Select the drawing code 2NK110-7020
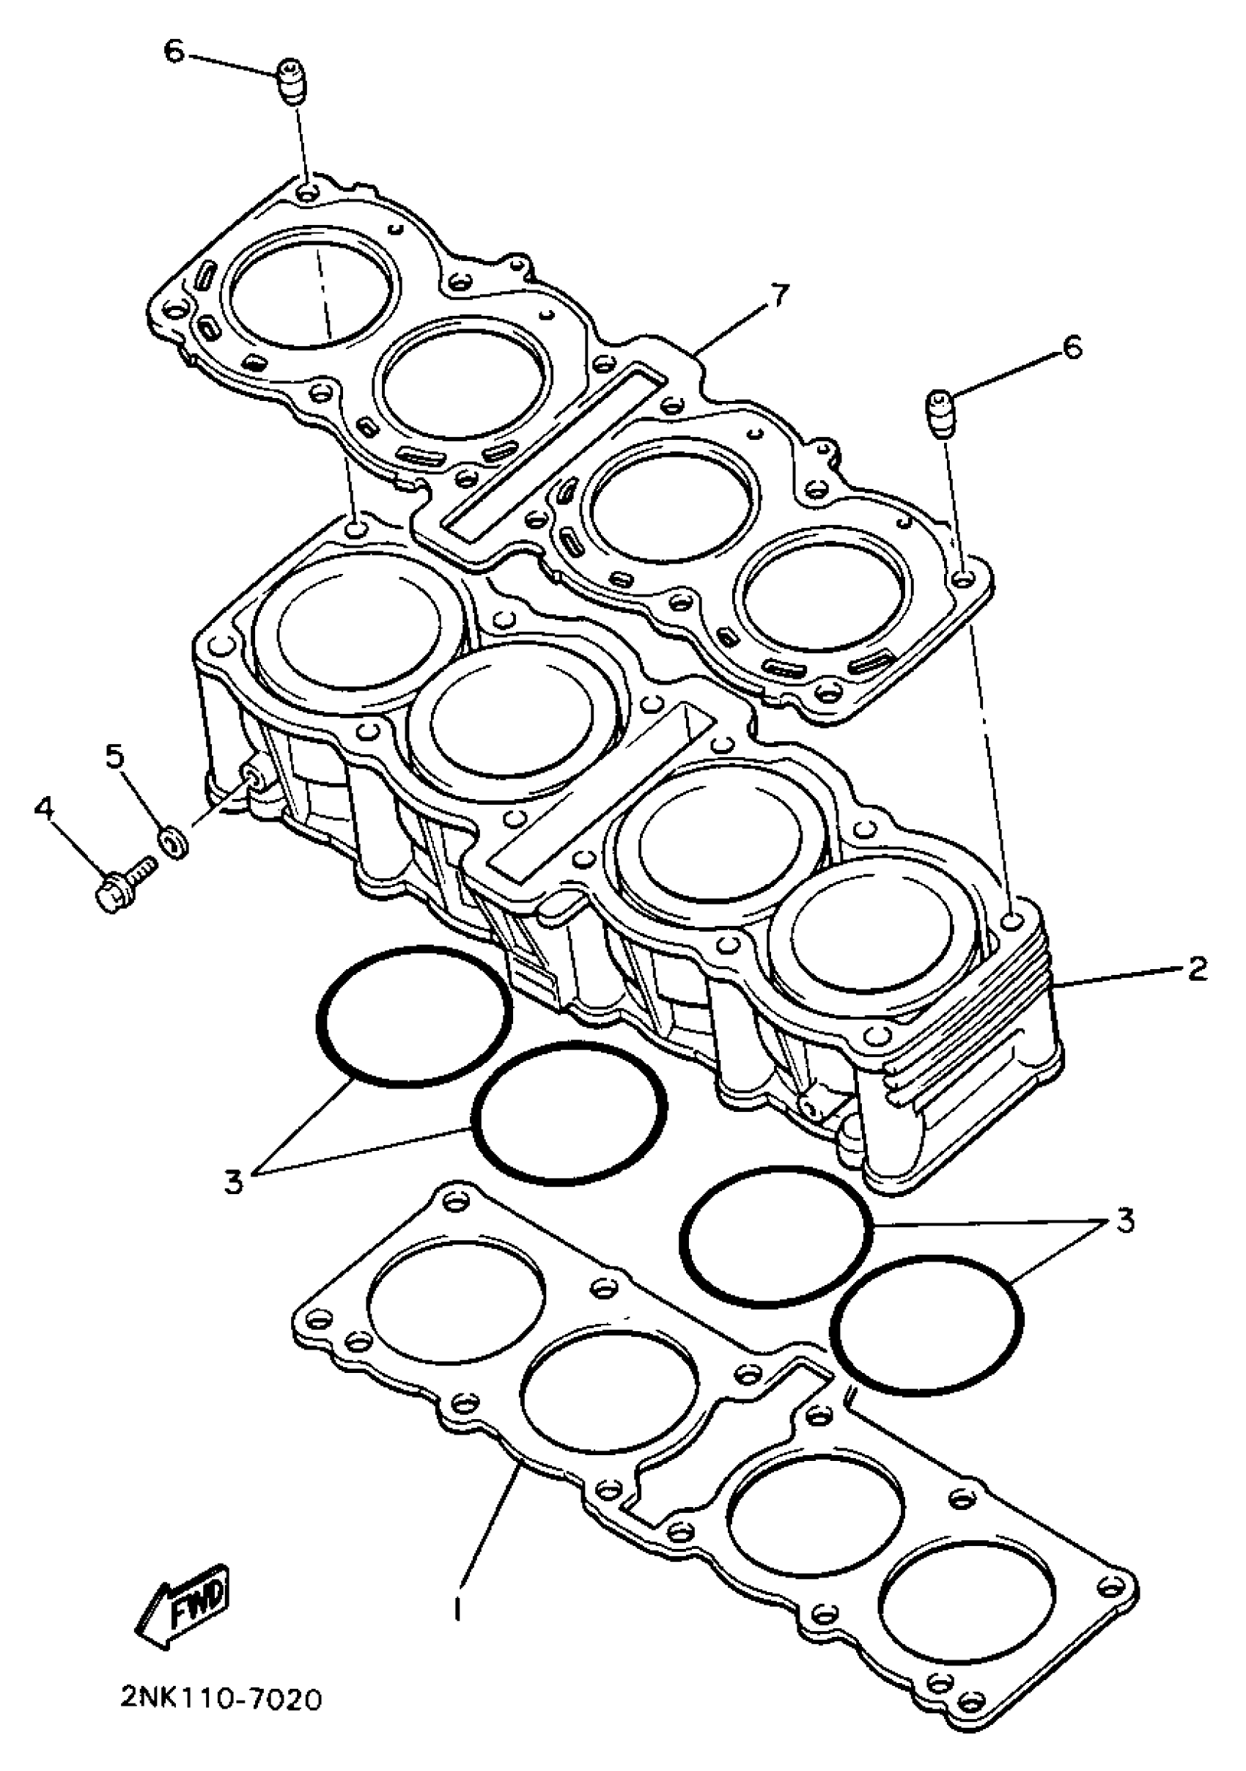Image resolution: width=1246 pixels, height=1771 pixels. [x=221, y=1698]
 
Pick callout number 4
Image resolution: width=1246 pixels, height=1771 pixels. [x=45, y=809]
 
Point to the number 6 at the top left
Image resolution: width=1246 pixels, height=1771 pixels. [x=174, y=52]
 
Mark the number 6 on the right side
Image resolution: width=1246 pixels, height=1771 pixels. [x=1072, y=348]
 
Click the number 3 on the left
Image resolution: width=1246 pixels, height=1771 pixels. [x=234, y=1181]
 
